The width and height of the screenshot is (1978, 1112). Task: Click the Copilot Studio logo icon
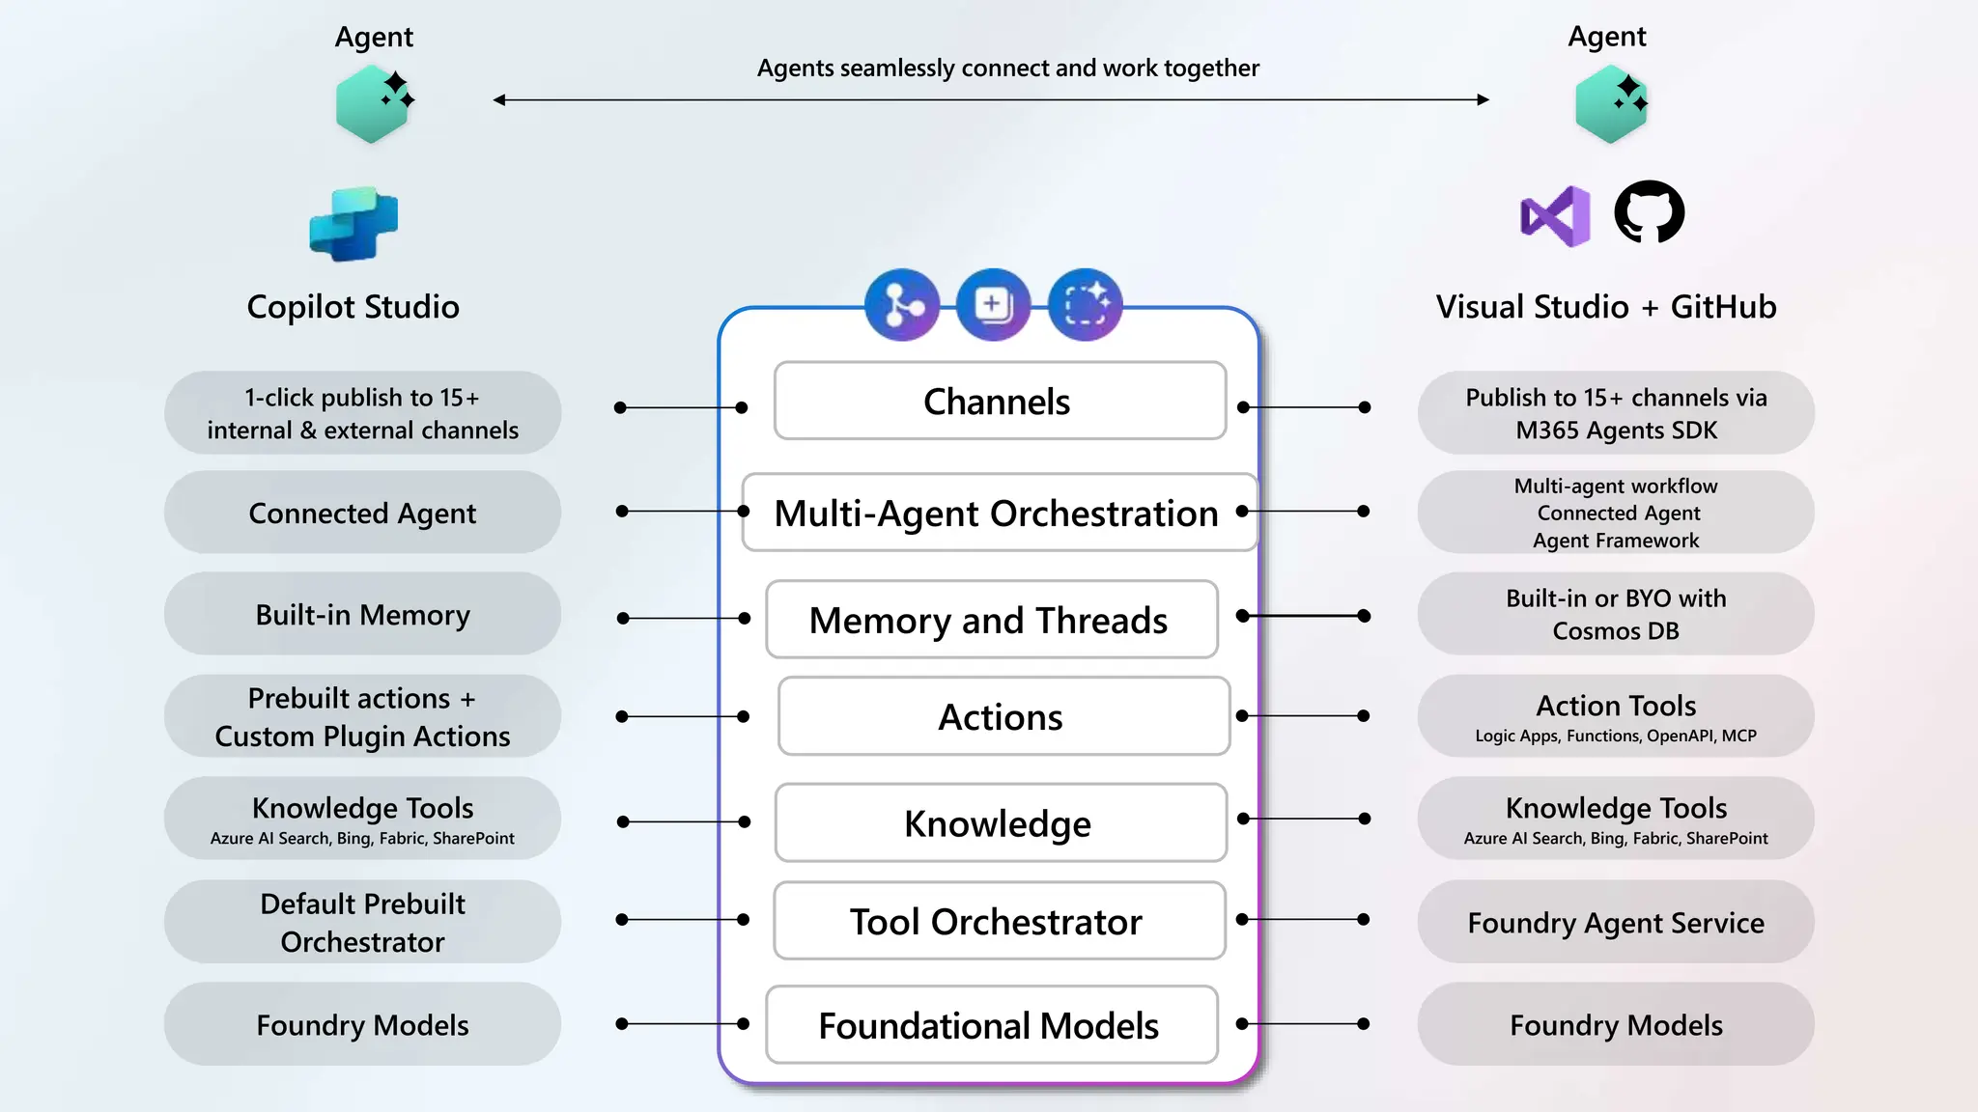353,224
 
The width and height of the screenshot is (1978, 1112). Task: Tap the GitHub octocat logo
1650,212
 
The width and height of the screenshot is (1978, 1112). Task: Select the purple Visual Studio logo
1556,216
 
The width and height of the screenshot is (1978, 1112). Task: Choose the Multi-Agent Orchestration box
997,514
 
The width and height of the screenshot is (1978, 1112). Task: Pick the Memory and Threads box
990,620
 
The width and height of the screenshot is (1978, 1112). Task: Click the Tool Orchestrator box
998,921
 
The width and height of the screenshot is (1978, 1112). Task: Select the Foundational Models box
990,1025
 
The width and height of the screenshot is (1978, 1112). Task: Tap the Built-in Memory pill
362,615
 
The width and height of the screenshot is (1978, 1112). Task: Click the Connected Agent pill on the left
362,513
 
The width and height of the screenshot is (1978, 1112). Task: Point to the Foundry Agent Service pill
1616,922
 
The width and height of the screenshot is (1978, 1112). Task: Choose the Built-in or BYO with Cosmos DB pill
1616,614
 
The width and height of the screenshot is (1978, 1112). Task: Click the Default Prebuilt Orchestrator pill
362,922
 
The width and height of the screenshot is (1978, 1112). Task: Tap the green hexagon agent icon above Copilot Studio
373,104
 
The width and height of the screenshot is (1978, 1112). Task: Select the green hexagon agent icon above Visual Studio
1610,104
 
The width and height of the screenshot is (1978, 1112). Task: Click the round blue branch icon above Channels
902,305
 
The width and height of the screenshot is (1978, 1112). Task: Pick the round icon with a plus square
993,305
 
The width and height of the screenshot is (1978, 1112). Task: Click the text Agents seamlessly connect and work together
1007,69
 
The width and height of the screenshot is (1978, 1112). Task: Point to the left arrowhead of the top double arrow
499,99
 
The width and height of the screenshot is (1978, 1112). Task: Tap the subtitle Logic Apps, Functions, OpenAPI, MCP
1616,736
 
